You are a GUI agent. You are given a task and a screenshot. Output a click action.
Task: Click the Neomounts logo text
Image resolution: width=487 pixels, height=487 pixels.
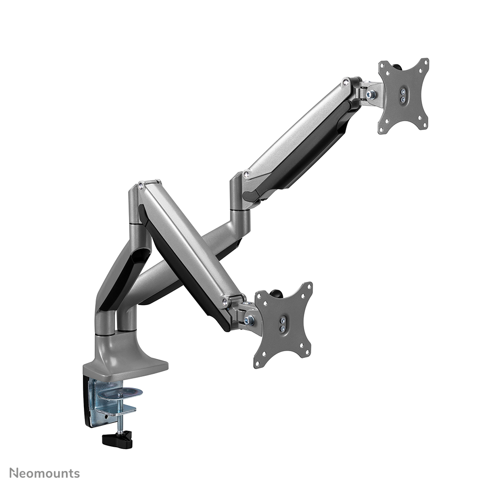point(45,473)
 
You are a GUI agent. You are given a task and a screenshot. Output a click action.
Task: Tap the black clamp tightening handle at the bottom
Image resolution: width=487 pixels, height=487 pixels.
point(117,440)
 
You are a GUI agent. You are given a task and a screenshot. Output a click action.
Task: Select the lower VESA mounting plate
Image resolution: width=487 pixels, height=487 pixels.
point(283,325)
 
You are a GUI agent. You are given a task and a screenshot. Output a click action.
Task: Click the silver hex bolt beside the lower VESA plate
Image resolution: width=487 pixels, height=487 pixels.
point(250,320)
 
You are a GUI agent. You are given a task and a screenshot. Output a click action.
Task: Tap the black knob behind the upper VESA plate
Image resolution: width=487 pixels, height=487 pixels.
point(396,66)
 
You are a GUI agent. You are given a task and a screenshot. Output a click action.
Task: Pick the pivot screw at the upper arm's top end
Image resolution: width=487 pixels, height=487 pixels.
point(345,83)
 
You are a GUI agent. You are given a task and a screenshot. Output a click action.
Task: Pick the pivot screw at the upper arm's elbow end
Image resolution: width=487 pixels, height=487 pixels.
point(246,174)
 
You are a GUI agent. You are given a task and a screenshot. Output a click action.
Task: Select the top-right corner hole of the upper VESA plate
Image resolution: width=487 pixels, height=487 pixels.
point(425,63)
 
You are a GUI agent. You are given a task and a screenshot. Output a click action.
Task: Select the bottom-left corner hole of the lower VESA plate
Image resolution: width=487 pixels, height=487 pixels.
point(258,363)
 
